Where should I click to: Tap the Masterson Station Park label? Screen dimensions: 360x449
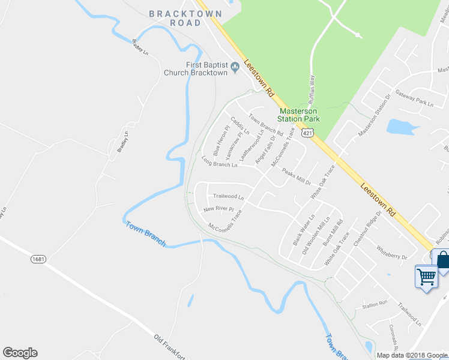(298, 115)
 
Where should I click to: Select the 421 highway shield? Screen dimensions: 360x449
(307, 131)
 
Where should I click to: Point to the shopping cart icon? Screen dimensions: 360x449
(426, 277)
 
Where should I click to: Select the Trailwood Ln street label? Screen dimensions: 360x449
(229, 196)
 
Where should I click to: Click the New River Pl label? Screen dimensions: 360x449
(218, 209)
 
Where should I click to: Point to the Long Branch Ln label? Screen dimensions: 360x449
(220, 162)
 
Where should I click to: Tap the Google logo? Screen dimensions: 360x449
(20, 353)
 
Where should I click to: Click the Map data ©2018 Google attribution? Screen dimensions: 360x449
(412, 355)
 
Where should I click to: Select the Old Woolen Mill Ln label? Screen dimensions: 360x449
(315, 235)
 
